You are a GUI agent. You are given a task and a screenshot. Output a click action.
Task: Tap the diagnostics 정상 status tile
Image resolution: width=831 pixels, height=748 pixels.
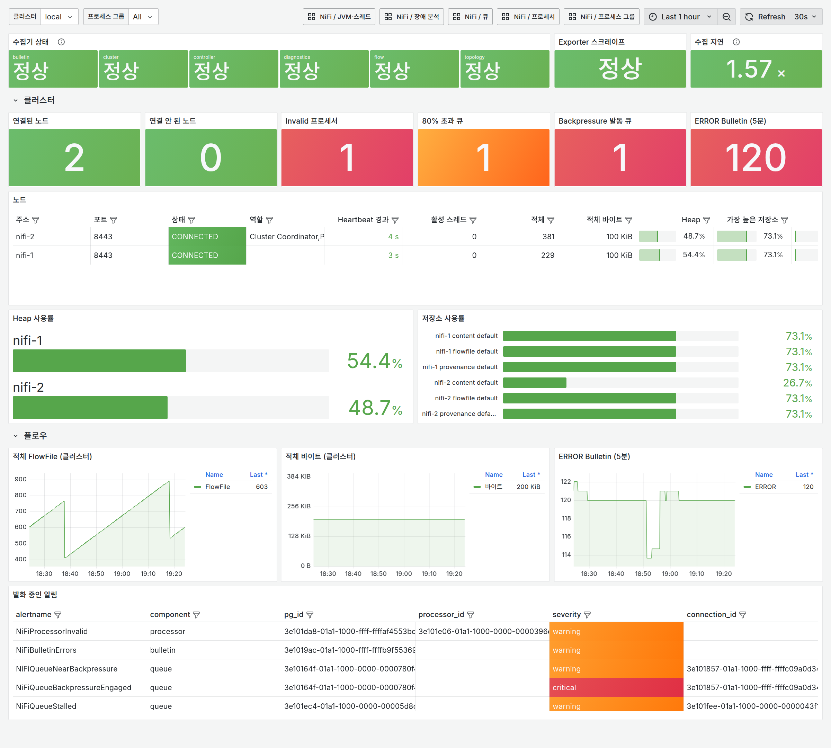coord(324,69)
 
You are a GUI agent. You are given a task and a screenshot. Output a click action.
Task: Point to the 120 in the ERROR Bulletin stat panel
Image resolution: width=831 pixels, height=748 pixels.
coord(756,158)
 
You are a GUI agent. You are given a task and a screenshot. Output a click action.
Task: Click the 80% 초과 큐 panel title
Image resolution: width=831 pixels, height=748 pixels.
coord(442,121)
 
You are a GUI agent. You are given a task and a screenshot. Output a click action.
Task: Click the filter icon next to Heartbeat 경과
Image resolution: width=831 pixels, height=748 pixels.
coord(395,220)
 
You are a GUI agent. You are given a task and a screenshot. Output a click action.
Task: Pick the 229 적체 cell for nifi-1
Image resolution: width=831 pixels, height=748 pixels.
coord(547,255)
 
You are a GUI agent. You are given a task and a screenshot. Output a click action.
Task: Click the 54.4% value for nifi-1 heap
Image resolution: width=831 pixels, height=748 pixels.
coord(374,361)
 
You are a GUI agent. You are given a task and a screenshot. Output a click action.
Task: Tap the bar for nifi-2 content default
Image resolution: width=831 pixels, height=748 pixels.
coord(534,383)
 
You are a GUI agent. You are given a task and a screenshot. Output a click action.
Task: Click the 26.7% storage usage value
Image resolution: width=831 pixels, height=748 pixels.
coord(797,383)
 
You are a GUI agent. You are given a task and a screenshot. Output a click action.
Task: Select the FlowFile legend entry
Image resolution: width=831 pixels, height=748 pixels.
coord(217,487)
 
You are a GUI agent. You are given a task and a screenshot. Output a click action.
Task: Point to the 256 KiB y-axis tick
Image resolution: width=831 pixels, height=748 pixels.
coord(299,506)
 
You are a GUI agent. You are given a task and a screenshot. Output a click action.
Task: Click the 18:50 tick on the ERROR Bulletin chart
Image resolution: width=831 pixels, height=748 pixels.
coord(643,574)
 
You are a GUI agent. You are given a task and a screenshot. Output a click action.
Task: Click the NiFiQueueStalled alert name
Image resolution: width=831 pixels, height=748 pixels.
coord(46,706)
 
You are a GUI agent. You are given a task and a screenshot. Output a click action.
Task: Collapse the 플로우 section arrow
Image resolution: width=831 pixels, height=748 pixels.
coord(16,436)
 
